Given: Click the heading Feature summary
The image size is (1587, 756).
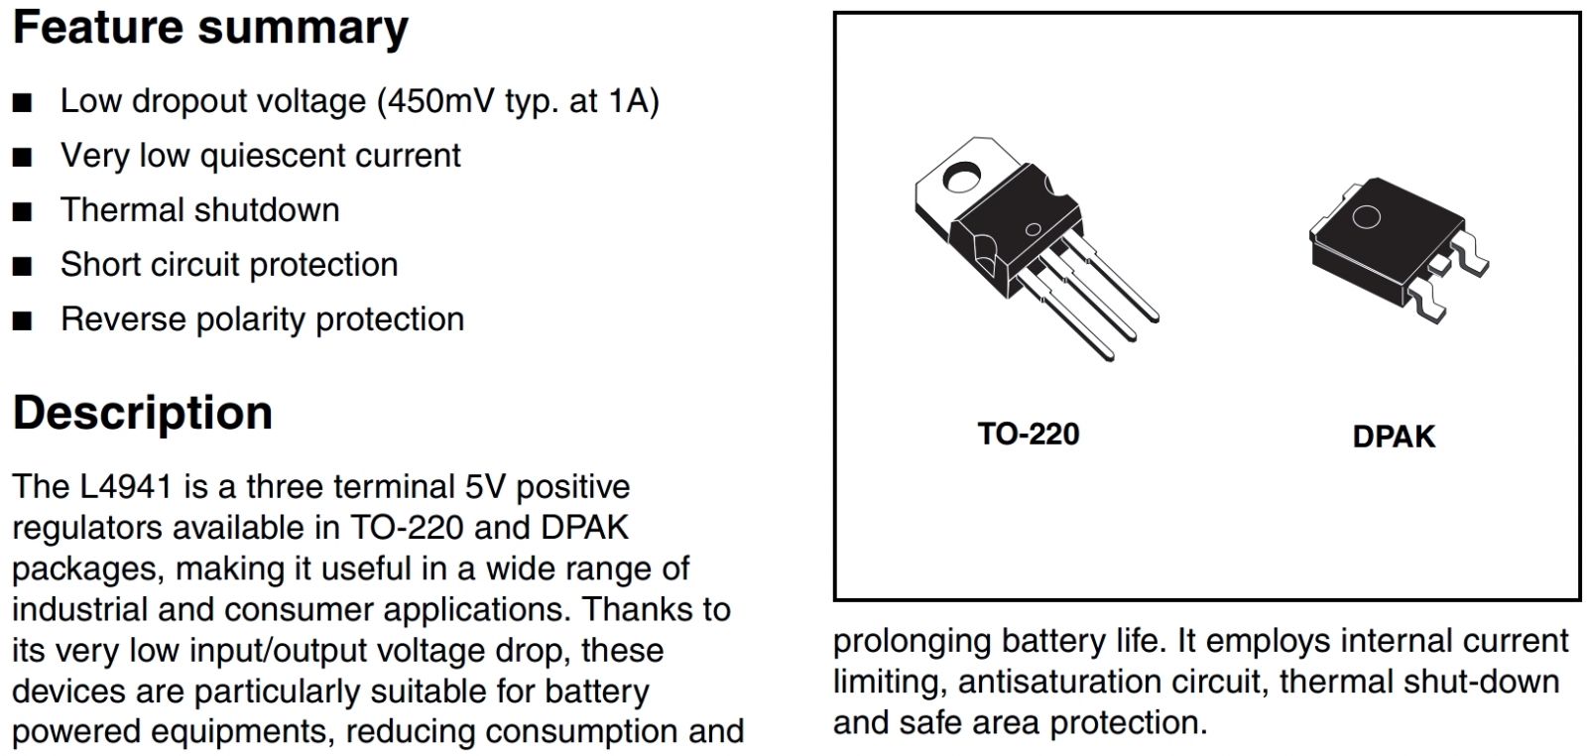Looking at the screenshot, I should coord(210,28).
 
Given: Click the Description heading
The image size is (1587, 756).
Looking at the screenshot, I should coord(143,413).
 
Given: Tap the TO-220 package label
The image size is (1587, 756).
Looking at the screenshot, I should coord(1028,434).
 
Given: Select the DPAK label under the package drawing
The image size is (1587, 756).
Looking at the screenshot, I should coord(1393,437).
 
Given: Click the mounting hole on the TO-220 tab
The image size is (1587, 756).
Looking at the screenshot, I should coord(960,180).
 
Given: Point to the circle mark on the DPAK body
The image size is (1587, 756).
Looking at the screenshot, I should coord(1367,218).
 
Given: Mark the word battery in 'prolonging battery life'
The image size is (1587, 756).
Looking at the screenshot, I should coord(1052,641).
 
